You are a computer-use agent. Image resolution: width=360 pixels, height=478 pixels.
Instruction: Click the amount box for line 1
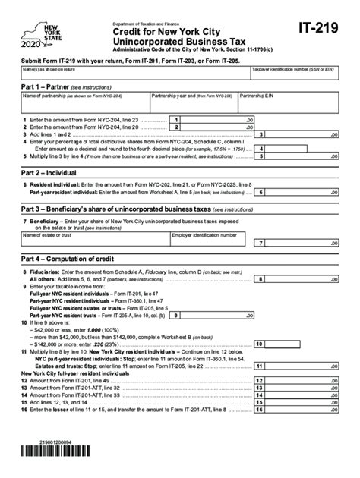pos(219,120)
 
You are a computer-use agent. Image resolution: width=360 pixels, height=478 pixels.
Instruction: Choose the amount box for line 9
pos(219,315)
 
